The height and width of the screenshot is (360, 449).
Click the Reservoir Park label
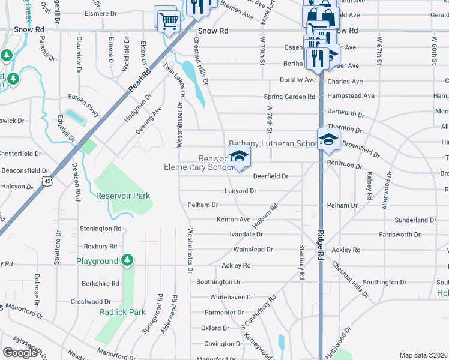pyautogui.click(x=123, y=196)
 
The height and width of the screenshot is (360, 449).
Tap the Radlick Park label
pyautogui.click(x=123, y=312)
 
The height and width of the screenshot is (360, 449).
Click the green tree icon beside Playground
pyautogui.click(x=127, y=260)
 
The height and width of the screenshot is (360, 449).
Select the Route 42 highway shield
pyautogui.click(x=47, y=179)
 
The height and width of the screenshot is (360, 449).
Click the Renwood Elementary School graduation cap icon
pyautogui.click(x=239, y=157)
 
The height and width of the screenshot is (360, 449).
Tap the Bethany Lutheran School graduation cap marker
pyautogui.click(x=328, y=140)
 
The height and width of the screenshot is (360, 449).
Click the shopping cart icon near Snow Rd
pyautogui.click(x=169, y=21)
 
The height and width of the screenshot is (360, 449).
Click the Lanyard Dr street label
pyautogui.click(x=241, y=191)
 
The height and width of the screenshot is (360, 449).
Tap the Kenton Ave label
pyautogui.click(x=234, y=220)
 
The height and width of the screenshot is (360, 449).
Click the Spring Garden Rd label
pyautogui.click(x=289, y=97)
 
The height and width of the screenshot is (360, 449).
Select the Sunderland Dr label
pyautogui.click(x=415, y=220)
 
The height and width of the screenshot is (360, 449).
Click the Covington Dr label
pyautogui.click(x=223, y=344)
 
